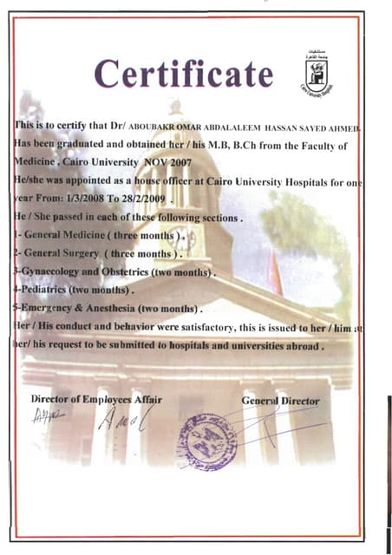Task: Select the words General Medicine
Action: pos(66,235)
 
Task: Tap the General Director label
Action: pos(280,402)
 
